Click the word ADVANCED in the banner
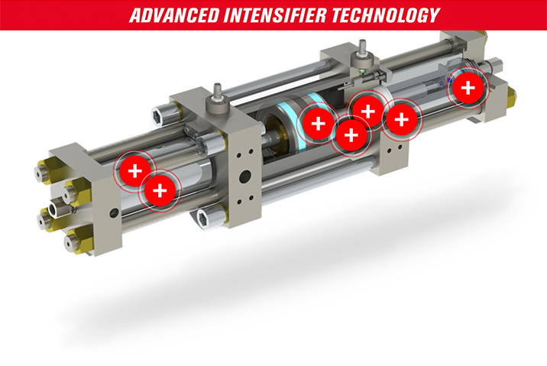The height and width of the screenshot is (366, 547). point(174,15)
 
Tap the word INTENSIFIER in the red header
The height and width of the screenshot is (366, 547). point(275,15)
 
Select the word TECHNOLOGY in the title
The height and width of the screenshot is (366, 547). point(386,15)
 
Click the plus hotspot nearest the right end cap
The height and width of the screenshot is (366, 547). point(468,88)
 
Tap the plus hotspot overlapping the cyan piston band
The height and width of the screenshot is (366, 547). point(318,124)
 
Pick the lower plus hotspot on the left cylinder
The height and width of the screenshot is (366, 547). point(160,190)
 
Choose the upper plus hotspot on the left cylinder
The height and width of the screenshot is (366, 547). point(135,171)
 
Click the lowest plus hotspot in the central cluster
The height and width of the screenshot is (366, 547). point(351,135)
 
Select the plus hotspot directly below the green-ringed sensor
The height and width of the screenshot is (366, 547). point(367,112)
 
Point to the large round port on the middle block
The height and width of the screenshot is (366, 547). point(245,177)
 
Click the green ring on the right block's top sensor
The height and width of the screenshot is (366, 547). point(362,71)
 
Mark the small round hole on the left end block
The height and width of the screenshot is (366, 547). point(114,212)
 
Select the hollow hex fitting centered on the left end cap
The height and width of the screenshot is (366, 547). point(57,209)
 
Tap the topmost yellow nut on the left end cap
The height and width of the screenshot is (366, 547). point(45,171)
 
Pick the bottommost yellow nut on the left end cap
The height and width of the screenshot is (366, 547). point(75,241)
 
